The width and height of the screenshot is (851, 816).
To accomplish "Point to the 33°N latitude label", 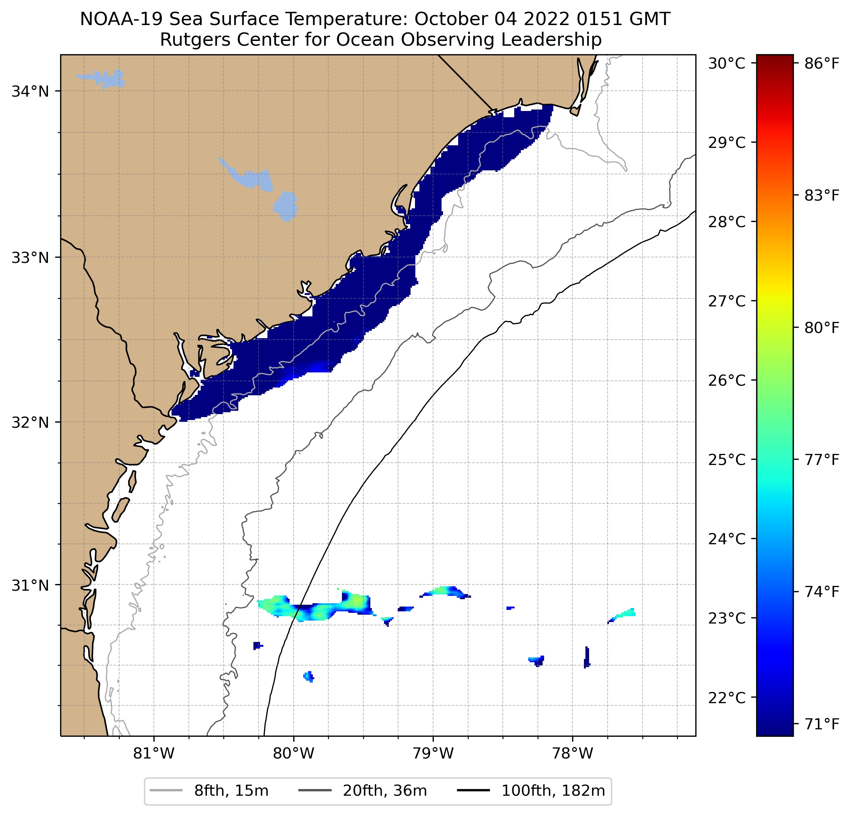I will [x=30, y=257].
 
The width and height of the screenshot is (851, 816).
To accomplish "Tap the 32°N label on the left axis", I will [x=30, y=422].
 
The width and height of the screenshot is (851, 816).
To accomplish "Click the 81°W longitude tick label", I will [x=154, y=753].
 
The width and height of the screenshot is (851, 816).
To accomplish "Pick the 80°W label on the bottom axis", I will [x=294, y=753].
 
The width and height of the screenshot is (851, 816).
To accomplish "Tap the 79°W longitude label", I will [x=433, y=753].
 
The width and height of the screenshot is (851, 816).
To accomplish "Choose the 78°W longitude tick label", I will [x=572, y=753].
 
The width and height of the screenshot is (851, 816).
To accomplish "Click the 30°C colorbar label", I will [x=726, y=63].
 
